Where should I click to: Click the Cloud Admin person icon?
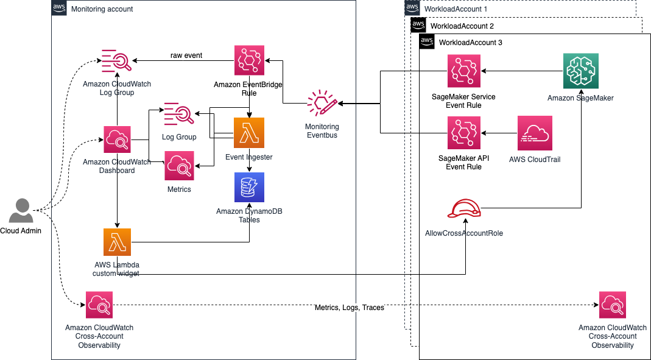[21, 211]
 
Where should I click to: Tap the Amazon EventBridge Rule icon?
[249, 60]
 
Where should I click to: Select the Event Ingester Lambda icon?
[249, 133]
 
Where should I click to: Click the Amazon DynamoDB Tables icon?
[249, 187]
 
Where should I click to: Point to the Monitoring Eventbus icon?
[322, 104]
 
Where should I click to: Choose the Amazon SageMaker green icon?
[580, 71]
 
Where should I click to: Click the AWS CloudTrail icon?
[534, 133]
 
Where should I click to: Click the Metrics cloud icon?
[179, 165]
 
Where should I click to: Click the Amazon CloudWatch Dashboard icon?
[117, 140]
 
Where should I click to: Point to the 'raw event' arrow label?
[186, 55]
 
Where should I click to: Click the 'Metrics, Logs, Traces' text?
[349, 308]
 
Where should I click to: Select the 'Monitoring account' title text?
[102, 9]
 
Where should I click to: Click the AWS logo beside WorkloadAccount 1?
[412, 8]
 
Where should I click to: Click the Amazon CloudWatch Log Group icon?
[116, 62]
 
